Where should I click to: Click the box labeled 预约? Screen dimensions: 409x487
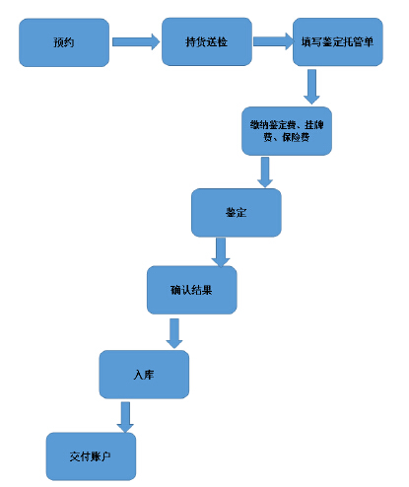pyautogui.click(x=64, y=42)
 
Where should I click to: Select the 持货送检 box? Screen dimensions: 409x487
pyautogui.click(x=207, y=41)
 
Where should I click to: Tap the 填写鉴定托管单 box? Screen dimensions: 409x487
pyautogui.click(x=338, y=41)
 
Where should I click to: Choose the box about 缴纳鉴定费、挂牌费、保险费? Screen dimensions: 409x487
pyautogui.click(x=287, y=131)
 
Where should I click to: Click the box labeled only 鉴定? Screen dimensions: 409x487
pyautogui.click(x=237, y=213)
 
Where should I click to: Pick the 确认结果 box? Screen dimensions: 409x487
pyautogui.click(x=191, y=290)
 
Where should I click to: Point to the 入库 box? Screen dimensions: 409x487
pyautogui.click(x=144, y=375)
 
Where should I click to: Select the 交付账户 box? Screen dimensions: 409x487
pyautogui.click(x=91, y=456)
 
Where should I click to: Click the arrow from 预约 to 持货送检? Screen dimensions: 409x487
pyautogui.click(x=136, y=41)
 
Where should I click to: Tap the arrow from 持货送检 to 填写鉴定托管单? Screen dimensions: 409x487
pyautogui.click(x=273, y=41)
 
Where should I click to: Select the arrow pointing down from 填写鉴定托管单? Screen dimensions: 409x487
pyautogui.click(x=311, y=87)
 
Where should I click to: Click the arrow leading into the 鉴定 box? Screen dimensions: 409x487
pyautogui.click(x=265, y=173)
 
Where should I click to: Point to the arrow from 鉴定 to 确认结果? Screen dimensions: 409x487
pyautogui.click(x=221, y=252)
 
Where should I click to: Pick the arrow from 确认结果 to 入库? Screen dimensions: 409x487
pyautogui.click(x=174, y=333)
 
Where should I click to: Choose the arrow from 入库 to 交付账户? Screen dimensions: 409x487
pyautogui.click(x=125, y=417)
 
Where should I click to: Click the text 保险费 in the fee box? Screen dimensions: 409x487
pyautogui.click(x=296, y=137)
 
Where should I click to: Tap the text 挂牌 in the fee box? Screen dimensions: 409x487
pyautogui.click(x=314, y=125)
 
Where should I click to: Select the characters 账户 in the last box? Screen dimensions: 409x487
pyautogui.click(x=101, y=456)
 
